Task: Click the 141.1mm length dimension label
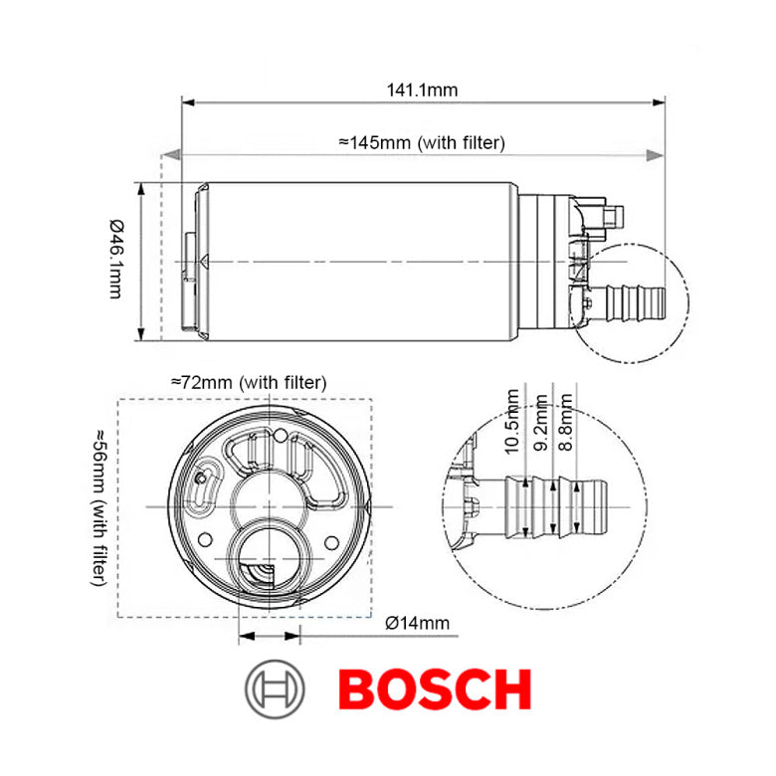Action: click(x=422, y=90)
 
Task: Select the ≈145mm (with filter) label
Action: click(x=422, y=142)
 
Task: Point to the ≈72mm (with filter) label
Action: click(x=249, y=381)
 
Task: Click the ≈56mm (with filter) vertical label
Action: click(x=100, y=507)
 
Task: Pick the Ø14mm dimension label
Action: click(x=417, y=623)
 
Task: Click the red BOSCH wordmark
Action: click(x=435, y=688)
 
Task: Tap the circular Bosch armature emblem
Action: click(x=275, y=688)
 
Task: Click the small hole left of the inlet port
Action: click(x=205, y=538)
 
